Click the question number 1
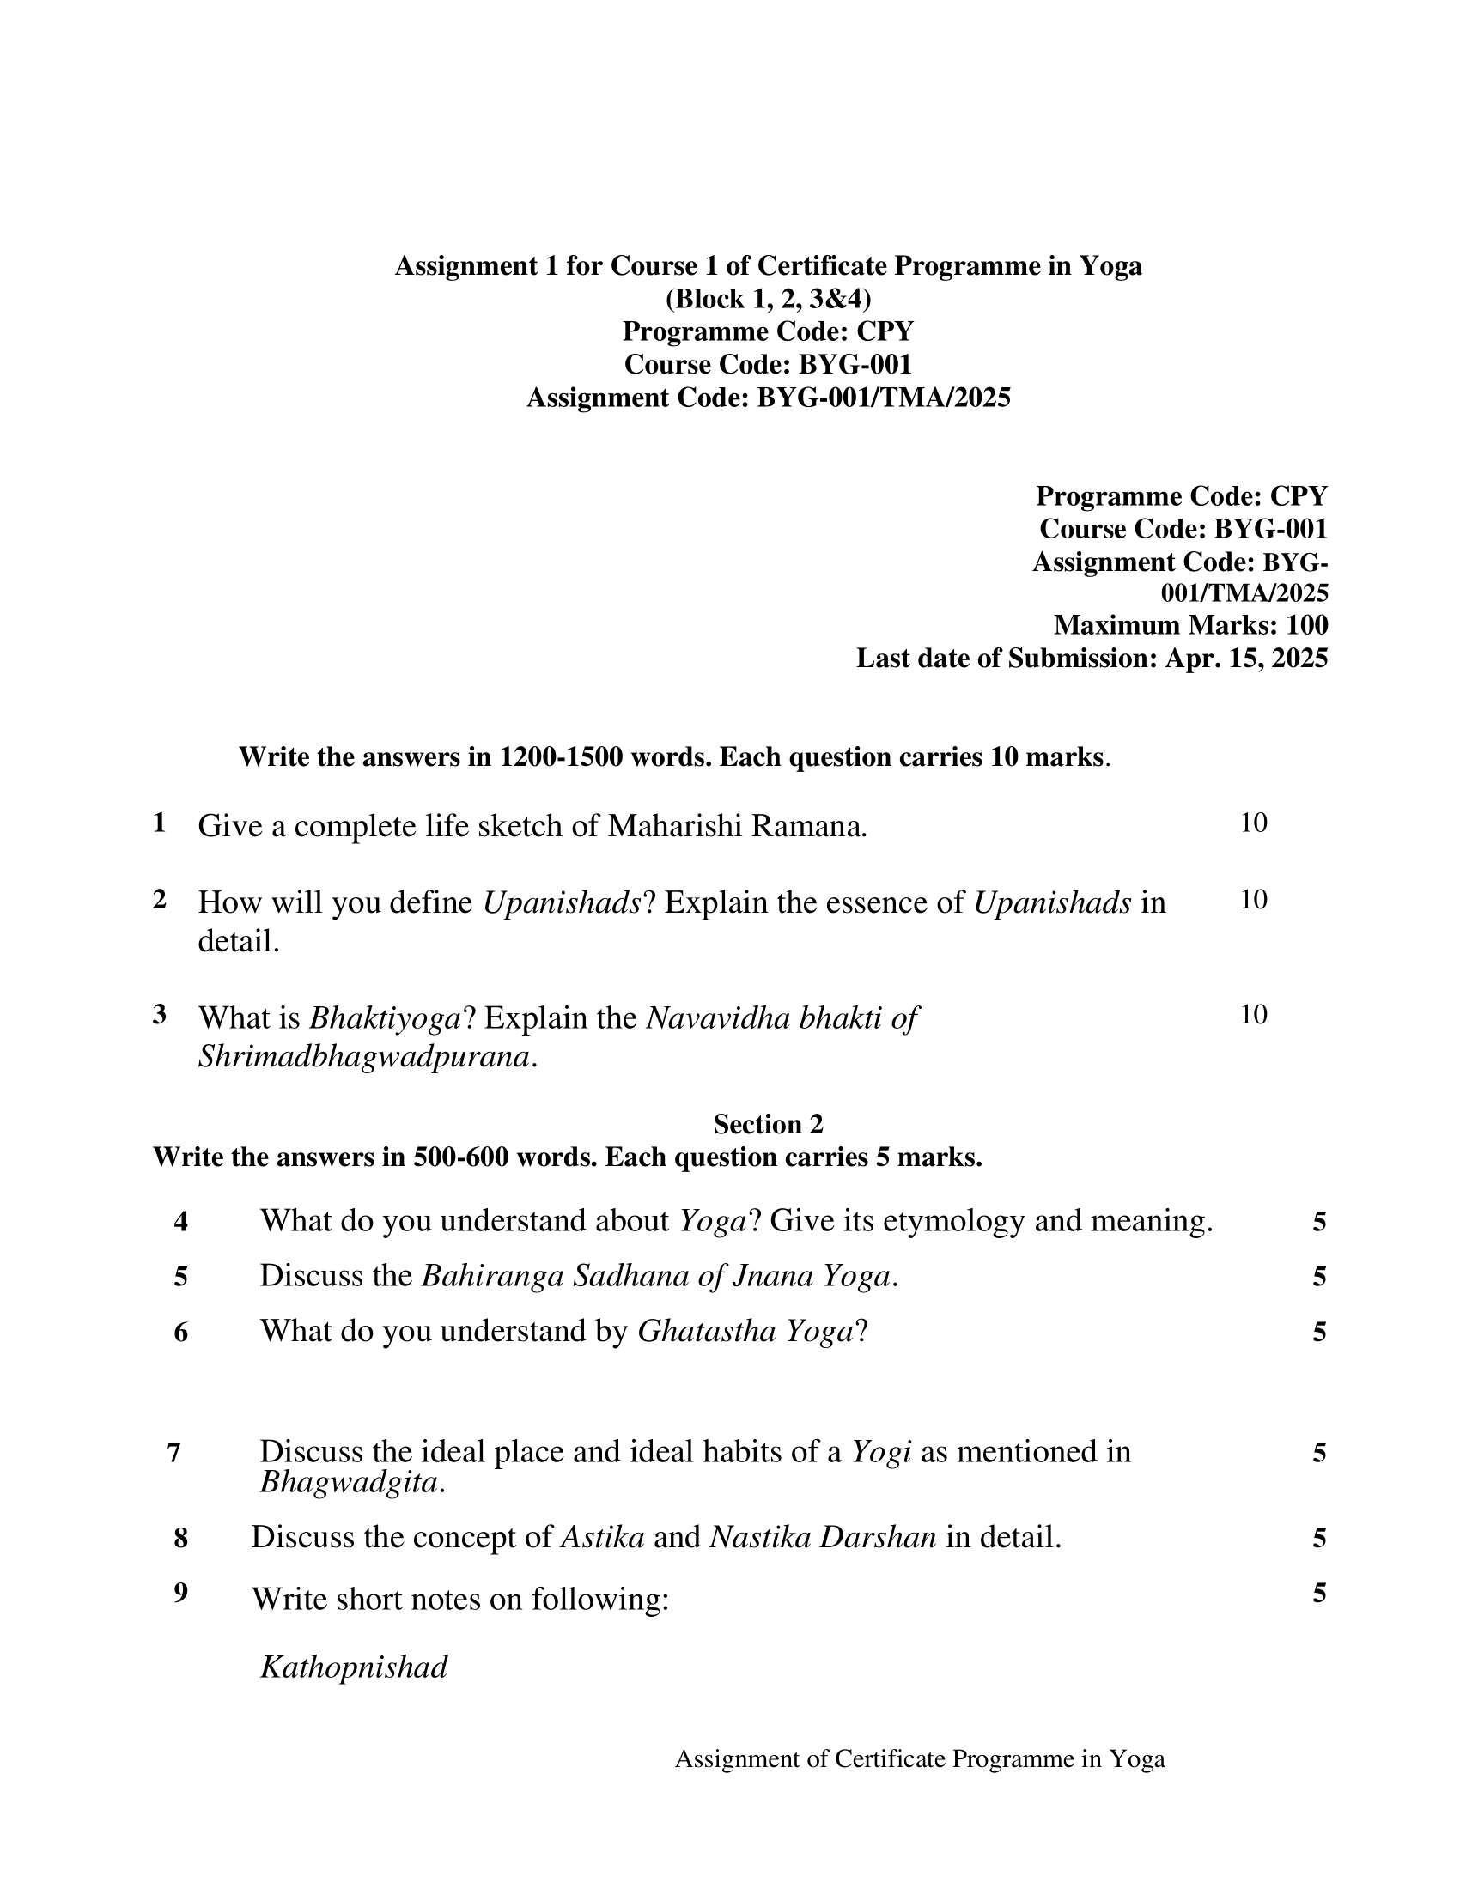pos(159,823)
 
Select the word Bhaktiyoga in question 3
pos(385,1018)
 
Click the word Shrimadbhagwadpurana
pos(364,1057)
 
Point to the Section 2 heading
pos(768,1125)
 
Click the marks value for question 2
pos(1253,900)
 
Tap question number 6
pos(180,1332)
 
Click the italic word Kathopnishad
pos(354,1667)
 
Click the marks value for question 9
pos(1319,1592)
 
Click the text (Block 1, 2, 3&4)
pos(768,299)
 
